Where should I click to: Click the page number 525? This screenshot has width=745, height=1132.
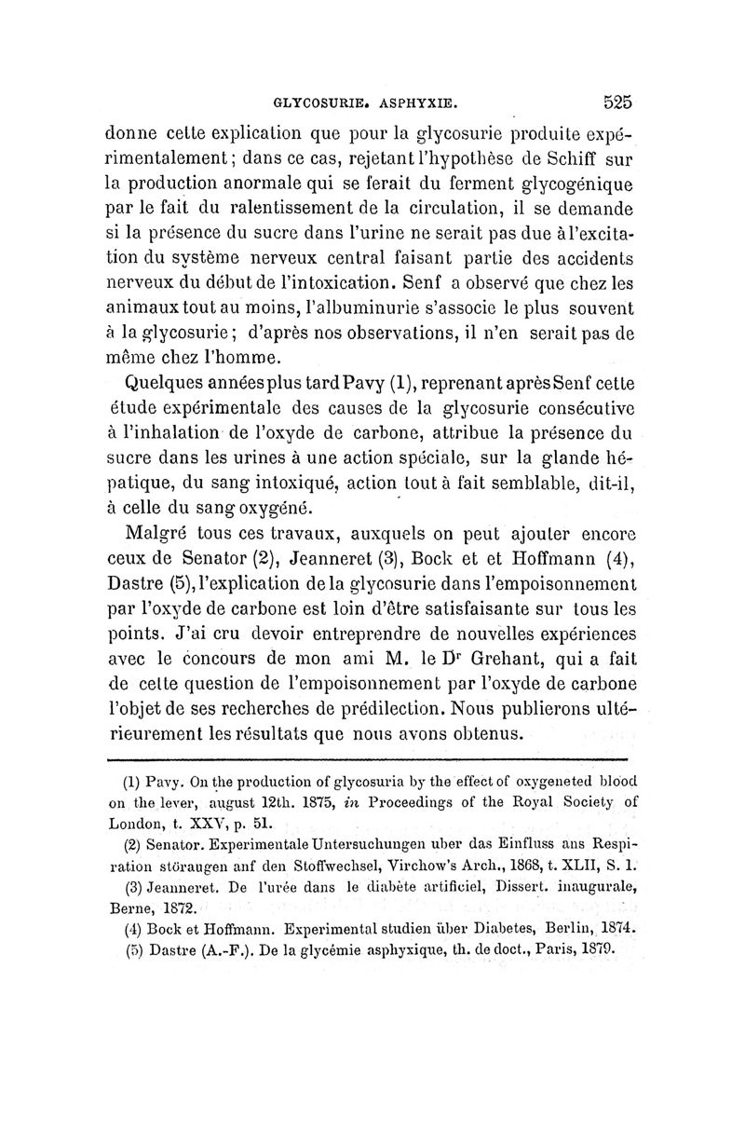coord(616,102)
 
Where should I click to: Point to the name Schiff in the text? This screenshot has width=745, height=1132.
coord(585,157)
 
